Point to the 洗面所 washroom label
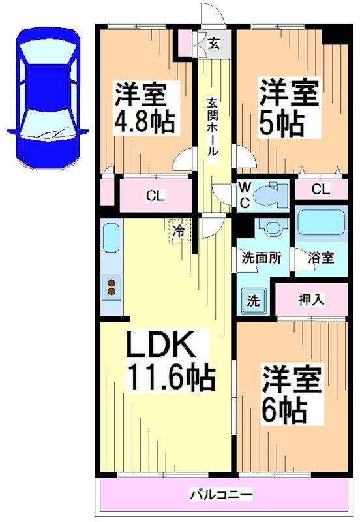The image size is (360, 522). point(262,257)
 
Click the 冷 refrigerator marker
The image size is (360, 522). point(178,230)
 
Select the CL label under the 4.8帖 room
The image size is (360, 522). point(155,195)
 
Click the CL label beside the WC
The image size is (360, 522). point(320,189)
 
